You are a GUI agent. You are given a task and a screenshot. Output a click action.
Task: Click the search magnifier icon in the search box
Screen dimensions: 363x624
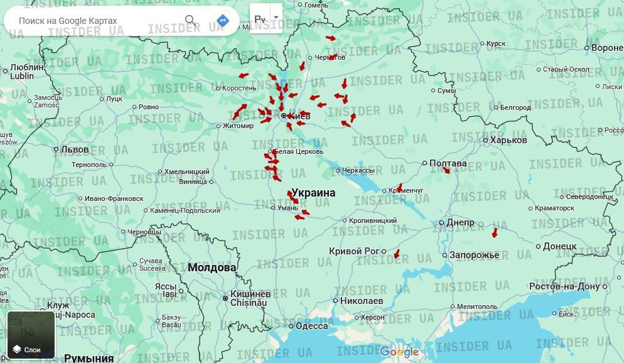click(x=190, y=21)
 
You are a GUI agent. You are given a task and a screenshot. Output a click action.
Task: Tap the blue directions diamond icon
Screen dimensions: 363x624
click(x=222, y=21)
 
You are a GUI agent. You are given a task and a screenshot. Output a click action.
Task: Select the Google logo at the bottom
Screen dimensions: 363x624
click(x=399, y=352)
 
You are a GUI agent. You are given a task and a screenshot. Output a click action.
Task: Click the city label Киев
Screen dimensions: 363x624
click(x=299, y=116)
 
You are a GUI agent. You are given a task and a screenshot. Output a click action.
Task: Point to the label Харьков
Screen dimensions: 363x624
click(x=508, y=140)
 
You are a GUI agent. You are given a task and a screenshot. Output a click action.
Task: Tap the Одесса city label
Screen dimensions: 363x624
click(x=312, y=326)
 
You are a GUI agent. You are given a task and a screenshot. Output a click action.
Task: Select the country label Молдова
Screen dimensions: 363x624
click(x=212, y=268)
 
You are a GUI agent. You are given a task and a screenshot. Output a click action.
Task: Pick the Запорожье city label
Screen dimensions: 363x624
click(x=474, y=255)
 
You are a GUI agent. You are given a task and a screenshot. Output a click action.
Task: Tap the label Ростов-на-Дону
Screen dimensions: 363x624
click(x=564, y=286)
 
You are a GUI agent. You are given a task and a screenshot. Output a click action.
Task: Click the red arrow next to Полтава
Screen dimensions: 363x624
click(x=446, y=170)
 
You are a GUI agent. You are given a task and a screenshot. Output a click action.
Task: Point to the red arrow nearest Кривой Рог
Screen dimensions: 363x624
click(x=396, y=254)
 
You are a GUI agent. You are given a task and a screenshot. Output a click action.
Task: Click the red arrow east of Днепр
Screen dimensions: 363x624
click(x=495, y=232)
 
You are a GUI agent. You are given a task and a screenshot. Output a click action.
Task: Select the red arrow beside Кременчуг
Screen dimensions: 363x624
click(x=399, y=188)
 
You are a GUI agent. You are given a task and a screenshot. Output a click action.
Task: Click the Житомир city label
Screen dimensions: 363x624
click(x=238, y=126)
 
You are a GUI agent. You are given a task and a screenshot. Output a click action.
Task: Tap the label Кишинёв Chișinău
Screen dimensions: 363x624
click(x=250, y=298)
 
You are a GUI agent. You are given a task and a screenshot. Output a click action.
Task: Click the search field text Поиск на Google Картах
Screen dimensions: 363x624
click(x=68, y=21)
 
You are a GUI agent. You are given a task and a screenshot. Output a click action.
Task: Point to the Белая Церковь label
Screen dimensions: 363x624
click(x=299, y=151)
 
